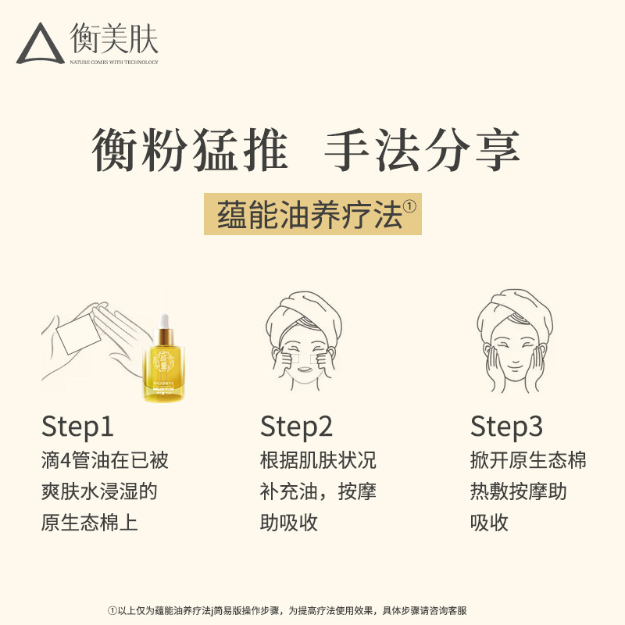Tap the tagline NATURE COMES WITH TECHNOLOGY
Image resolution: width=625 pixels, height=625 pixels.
tap(114, 62)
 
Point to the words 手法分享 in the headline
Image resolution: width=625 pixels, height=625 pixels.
tap(423, 150)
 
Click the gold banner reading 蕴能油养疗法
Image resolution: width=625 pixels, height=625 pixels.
tap(312, 213)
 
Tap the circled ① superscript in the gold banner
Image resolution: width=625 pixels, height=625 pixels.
tap(411, 205)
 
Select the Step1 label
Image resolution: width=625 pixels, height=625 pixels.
tap(77, 427)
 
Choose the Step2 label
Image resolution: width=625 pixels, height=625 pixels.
tap(296, 427)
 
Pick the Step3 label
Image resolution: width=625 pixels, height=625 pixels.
tap(506, 427)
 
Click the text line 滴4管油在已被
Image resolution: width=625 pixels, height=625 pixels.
tap(105, 460)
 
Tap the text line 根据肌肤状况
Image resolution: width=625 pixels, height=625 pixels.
tap(318, 460)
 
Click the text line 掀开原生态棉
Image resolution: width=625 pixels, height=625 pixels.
tap(528, 460)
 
